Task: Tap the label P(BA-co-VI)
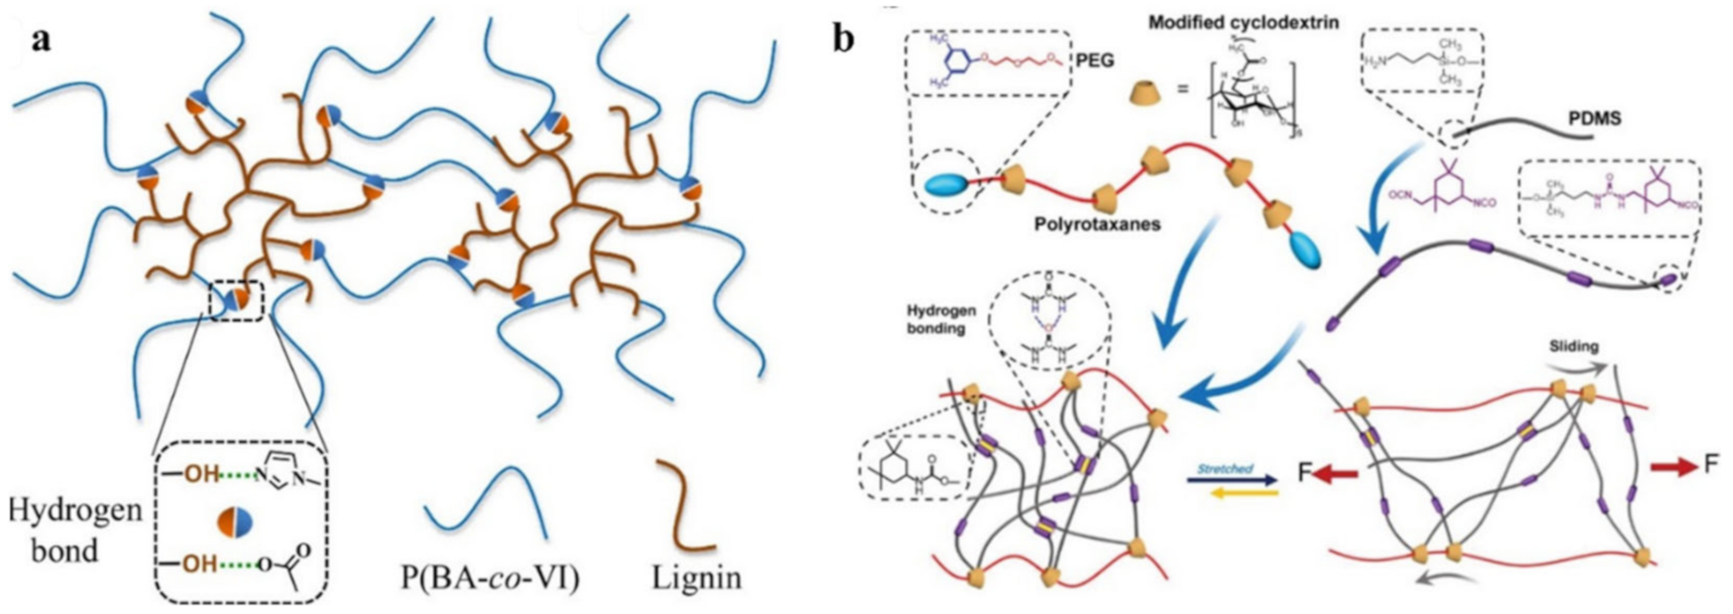pyautogui.click(x=490, y=577)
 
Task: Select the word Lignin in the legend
pyautogui.click(x=696, y=577)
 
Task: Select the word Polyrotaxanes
pyautogui.click(x=1097, y=224)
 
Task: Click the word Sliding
pyautogui.click(x=1574, y=346)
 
